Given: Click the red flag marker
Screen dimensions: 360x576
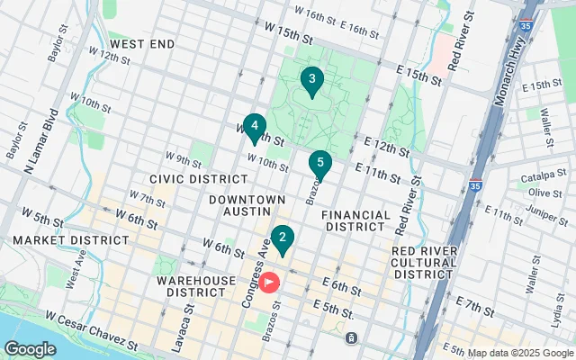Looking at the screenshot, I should coord(270,283).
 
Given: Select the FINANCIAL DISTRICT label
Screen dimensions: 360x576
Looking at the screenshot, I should coord(355,222).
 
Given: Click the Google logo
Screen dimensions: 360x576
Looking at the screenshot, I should coord(30,348).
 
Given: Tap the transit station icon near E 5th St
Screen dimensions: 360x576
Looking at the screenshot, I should coord(351,339).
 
